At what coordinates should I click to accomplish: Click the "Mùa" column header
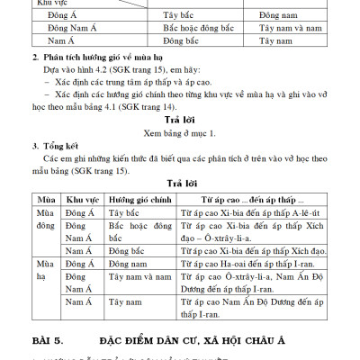tap(42, 197)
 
